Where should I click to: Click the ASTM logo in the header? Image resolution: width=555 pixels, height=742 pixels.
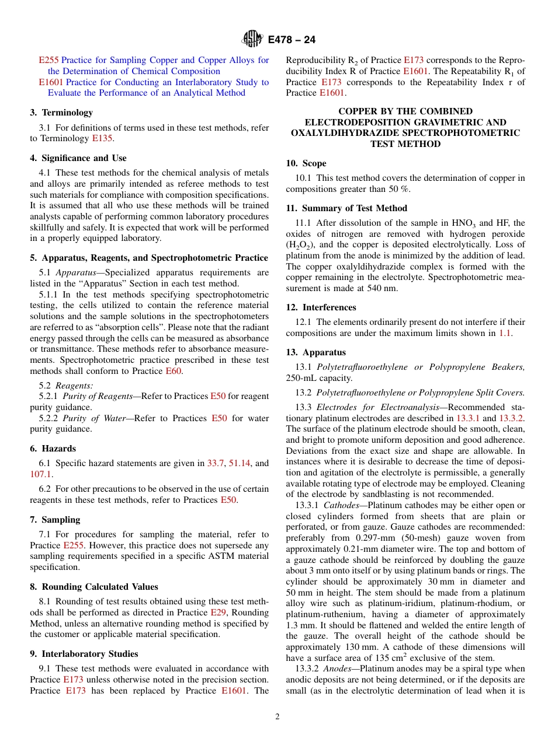(253, 40)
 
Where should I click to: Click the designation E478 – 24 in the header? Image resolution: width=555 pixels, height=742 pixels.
(292, 40)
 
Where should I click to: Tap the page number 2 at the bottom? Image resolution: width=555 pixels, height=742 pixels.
(277, 717)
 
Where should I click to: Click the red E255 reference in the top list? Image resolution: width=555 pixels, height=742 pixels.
(48, 60)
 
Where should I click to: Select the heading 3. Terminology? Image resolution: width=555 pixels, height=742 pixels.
(61, 113)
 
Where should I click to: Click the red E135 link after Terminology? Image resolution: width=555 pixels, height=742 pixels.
(102, 138)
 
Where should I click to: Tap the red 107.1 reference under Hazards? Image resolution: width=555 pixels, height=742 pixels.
(40, 474)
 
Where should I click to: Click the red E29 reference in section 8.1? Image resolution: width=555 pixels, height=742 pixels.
(217, 612)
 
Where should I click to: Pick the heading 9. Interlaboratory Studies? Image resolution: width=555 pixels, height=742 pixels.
(84, 654)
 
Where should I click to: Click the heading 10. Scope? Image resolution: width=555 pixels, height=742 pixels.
(306, 163)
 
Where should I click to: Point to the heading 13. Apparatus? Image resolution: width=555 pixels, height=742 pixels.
(315, 352)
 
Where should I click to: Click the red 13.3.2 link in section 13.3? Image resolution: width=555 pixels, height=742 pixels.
(512, 418)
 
